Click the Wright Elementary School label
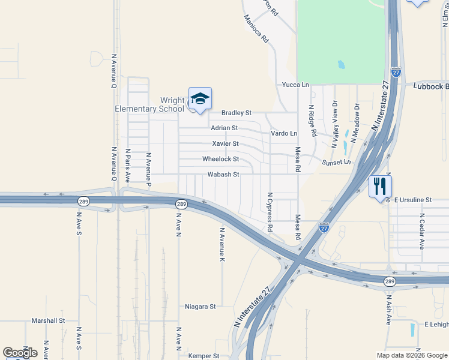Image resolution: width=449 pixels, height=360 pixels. tap(150, 104)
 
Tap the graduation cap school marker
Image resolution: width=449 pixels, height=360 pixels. tap(200, 99)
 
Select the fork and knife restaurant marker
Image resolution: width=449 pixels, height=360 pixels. tap(380, 186)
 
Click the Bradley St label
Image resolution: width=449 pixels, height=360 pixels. tap(236, 112)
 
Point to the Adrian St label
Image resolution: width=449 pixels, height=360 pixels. tap(224, 128)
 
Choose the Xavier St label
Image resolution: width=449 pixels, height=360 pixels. tap(225, 143)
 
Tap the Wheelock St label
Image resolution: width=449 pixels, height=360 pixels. tap(220, 159)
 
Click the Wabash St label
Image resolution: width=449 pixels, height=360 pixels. tap(223, 175)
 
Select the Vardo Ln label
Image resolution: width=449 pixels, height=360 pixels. tap(284, 133)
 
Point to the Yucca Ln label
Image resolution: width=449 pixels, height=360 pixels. tap(295, 85)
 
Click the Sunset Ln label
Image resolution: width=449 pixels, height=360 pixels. tap(336, 163)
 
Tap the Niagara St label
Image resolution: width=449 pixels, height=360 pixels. tap(200, 307)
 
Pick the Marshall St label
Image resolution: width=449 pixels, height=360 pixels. tap(48, 321)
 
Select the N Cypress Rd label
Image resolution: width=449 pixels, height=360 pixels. tap(270, 212)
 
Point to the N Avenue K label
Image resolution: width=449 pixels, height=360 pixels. tap(221, 244)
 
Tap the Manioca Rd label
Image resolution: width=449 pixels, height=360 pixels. tap(256, 28)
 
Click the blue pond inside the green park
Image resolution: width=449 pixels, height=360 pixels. tap(341, 64)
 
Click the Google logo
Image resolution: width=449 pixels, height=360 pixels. tap(20, 352)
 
